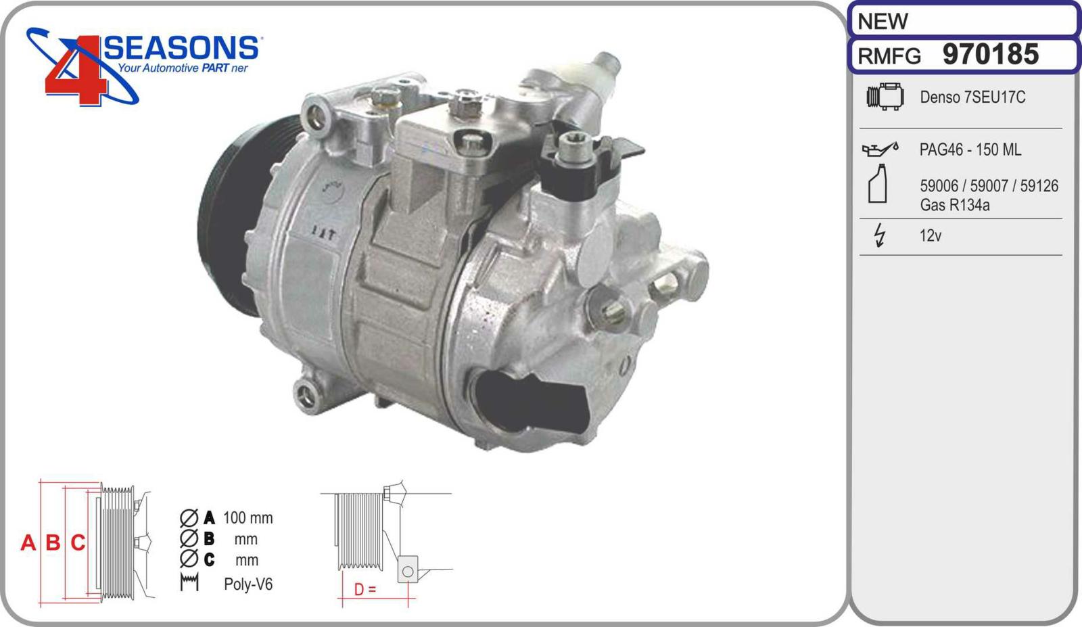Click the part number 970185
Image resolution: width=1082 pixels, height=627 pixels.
coord(990,54)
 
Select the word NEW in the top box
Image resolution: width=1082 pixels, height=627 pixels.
coord(883,21)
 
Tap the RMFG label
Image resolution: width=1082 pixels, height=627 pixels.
coord(889,57)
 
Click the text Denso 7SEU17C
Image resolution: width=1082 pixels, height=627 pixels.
coord(972,97)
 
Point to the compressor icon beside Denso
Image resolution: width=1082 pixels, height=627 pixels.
coord(885,97)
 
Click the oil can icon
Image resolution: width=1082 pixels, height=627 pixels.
coord(880,149)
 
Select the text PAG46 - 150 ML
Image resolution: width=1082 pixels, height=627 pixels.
coord(970,149)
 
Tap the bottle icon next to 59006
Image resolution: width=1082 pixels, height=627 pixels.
coord(878,183)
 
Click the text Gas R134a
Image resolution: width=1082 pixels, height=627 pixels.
coord(954,205)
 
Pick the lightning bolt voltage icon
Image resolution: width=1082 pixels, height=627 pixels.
coord(880,235)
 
